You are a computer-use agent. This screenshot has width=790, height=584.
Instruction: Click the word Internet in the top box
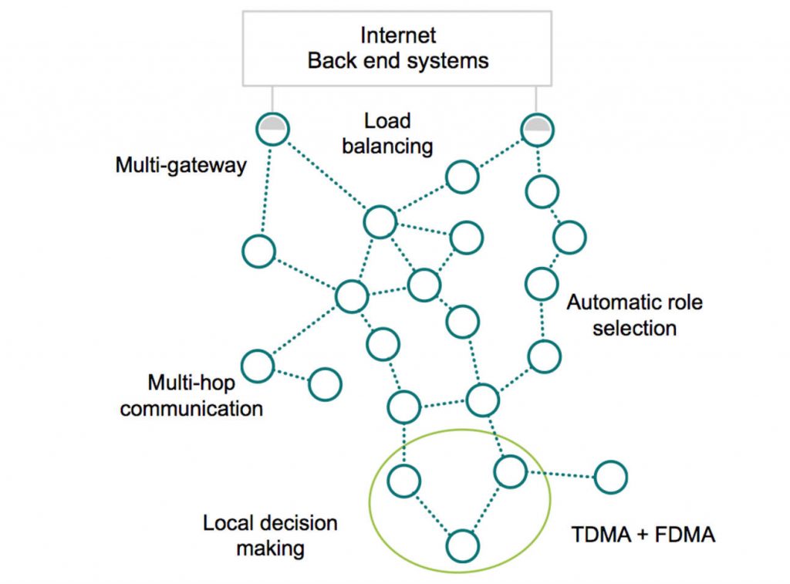pyautogui.click(x=398, y=35)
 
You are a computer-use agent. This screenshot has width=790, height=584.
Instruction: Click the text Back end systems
pyautogui.click(x=398, y=60)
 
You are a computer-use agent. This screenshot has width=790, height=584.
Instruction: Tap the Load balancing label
pyautogui.click(x=398, y=133)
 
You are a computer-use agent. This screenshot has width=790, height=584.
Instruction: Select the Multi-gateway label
pyautogui.click(x=181, y=165)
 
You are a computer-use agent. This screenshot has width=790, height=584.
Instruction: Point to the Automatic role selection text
pyautogui.click(x=634, y=314)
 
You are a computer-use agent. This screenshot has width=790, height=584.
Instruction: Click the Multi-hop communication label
pyautogui.click(x=191, y=394)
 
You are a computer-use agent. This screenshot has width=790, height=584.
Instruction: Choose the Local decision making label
pyautogui.click(x=270, y=535)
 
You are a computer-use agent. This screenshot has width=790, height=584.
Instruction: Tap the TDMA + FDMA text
pyautogui.click(x=643, y=534)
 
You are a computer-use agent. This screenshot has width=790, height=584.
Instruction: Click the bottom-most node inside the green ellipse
pyautogui.click(x=461, y=545)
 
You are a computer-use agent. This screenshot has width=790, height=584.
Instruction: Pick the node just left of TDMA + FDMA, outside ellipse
pyautogui.click(x=612, y=478)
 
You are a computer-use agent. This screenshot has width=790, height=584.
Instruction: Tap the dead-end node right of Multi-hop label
pyautogui.click(x=325, y=384)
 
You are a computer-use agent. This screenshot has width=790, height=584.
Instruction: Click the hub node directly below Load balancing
pyautogui.click(x=380, y=222)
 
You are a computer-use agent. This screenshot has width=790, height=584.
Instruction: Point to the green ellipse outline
pyautogui.click(x=370, y=494)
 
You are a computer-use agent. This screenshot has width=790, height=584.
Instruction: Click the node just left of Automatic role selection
pyautogui.click(x=542, y=283)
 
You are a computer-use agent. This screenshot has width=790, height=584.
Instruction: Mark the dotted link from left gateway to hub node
pyautogui.click(x=324, y=175)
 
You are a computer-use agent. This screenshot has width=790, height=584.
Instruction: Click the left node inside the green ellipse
pyautogui.click(x=403, y=481)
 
